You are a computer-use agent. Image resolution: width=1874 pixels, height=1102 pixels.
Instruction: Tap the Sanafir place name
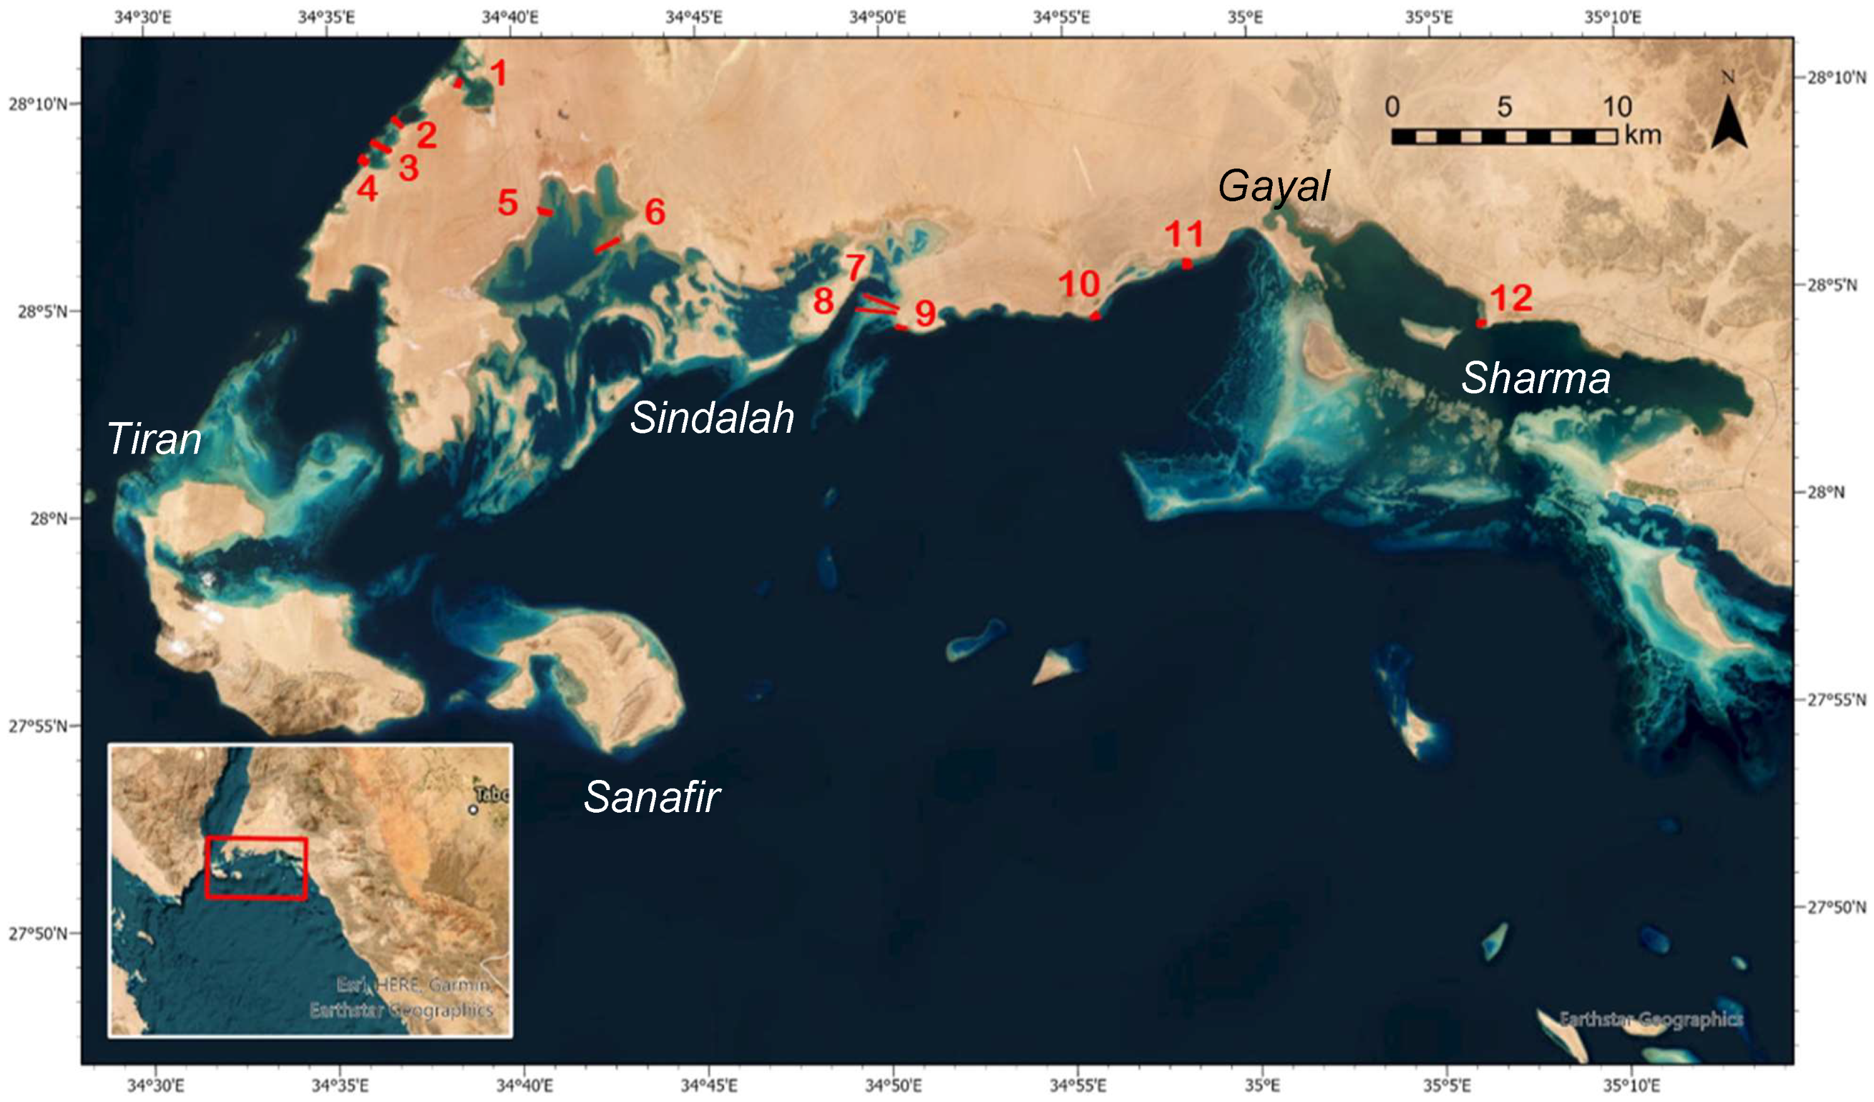652,797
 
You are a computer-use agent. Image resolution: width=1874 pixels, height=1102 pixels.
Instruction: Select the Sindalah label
711,417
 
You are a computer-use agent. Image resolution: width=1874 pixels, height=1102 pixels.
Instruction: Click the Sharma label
1536,378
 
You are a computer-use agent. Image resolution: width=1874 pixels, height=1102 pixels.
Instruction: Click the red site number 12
1511,298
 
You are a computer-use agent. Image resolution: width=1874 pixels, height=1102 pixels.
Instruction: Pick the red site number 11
1184,235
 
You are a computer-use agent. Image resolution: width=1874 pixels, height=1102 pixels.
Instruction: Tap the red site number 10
1079,284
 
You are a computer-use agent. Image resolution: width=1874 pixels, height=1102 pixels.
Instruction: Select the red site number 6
654,212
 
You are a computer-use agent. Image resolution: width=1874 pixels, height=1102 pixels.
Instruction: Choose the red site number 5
508,203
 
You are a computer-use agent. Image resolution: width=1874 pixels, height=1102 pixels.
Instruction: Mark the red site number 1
498,74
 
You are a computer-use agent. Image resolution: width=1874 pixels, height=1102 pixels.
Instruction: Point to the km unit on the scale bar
1643,135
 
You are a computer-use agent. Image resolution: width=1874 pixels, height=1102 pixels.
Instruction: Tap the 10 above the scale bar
1617,107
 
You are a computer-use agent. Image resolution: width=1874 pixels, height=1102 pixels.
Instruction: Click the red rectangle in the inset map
256,868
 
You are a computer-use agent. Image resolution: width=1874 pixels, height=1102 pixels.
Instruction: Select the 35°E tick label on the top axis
1245,16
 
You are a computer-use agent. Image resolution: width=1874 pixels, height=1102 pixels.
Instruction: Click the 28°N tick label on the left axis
48,518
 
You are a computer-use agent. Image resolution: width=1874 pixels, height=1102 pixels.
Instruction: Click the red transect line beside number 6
607,245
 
